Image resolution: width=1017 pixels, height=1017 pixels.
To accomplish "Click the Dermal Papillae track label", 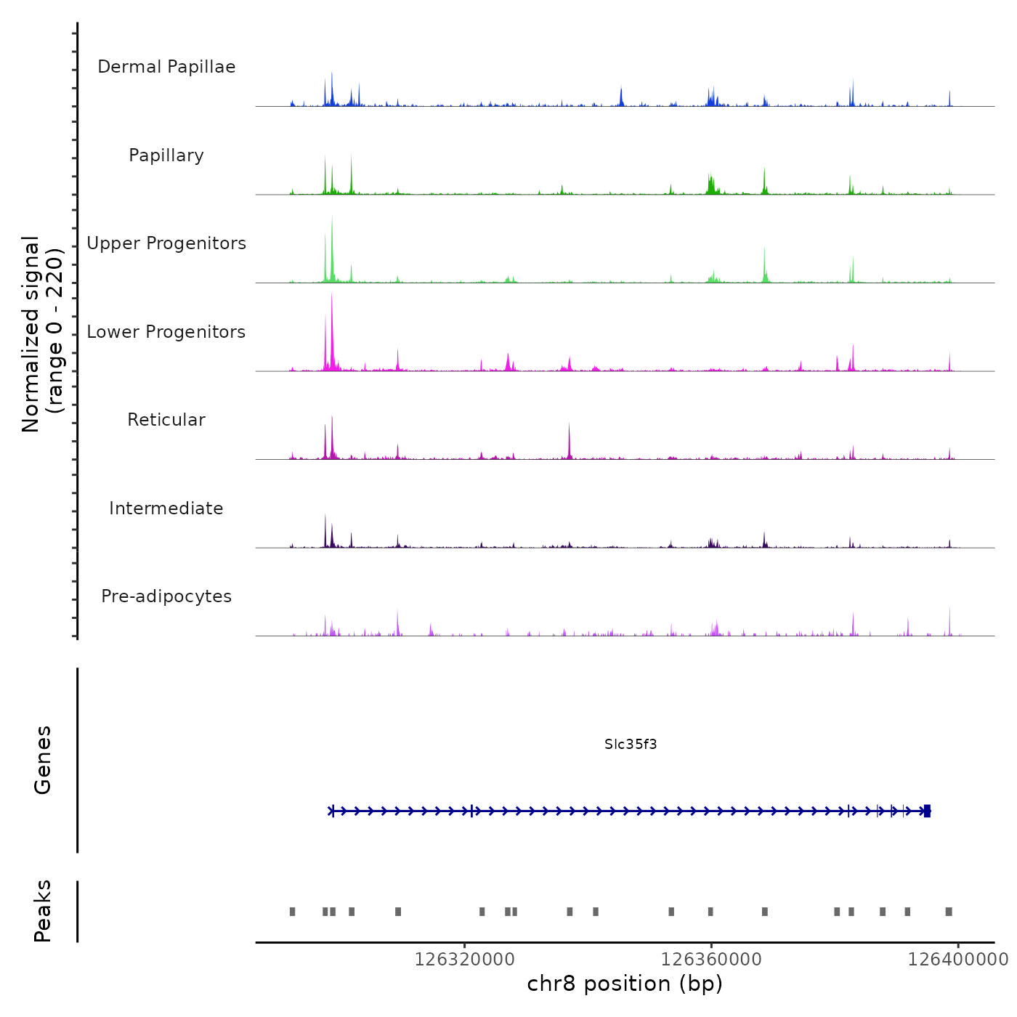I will point(166,67).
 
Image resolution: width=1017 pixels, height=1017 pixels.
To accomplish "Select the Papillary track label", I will point(166,155).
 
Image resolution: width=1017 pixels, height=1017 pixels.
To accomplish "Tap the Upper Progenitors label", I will point(166,243).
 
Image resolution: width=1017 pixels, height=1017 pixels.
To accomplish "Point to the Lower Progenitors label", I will point(166,332).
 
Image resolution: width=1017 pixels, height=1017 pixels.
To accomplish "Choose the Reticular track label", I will point(166,420).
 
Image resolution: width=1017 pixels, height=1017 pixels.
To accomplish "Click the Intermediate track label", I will point(166,508).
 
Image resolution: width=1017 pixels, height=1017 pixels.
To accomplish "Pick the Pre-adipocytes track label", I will point(166,596).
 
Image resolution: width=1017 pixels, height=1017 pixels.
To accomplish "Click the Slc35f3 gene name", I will point(631,744).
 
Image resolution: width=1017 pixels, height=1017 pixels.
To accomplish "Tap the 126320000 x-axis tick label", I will point(465,960).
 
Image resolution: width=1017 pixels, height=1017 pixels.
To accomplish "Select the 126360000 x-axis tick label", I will point(711,960).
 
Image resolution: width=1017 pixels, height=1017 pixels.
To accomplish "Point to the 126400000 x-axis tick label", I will point(957,960).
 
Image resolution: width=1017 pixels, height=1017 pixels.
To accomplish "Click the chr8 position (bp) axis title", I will point(625,984).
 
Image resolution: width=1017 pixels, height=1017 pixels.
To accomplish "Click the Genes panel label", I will point(42,760).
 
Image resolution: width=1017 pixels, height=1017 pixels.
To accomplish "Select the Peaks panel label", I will point(42,911).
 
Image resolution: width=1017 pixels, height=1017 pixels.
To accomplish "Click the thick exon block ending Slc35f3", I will point(927,811).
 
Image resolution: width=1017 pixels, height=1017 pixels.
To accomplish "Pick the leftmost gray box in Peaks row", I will point(293,912).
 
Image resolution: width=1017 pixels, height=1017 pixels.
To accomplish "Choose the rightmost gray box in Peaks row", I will point(949,912).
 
